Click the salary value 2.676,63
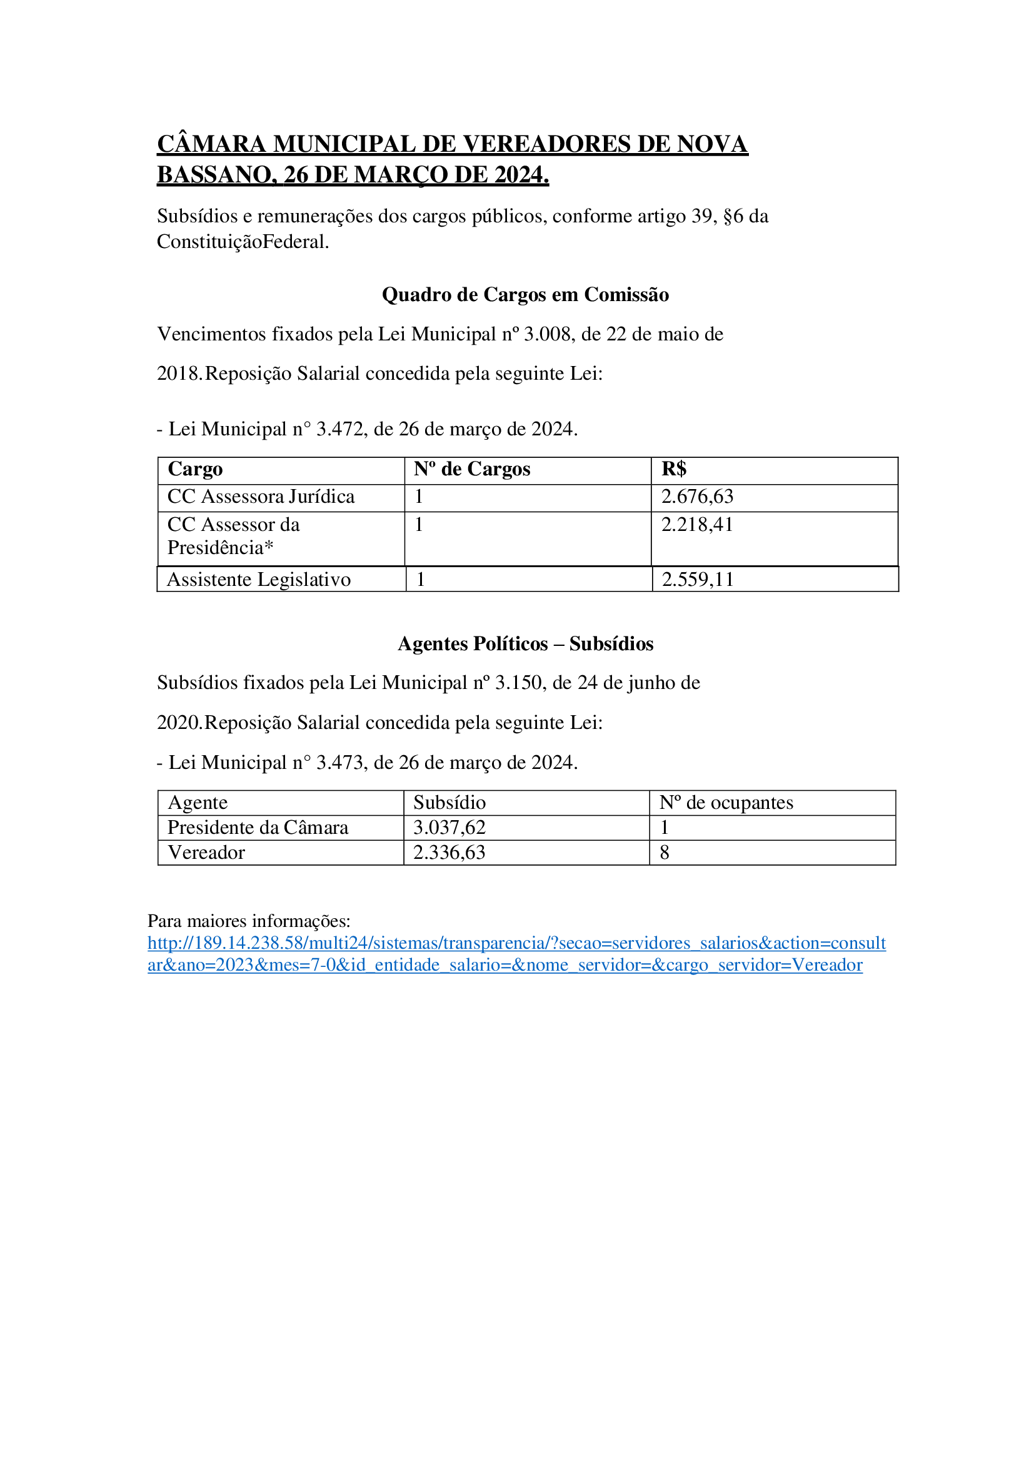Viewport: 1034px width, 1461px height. pyautogui.click(x=697, y=497)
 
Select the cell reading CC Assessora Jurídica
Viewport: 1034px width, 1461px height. pyautogui.click(x=261, y=497)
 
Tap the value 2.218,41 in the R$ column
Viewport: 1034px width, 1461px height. pyautogui.click(x=697, y=524)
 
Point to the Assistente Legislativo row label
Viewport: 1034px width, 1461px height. pyautogui.click(x=259, y=580)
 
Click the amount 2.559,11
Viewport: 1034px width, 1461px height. pyautogui.click(x=698, y=580)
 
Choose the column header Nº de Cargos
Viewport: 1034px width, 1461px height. pyautogui.click(x=472, y=469)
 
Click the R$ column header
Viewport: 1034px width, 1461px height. pyautogui.click(x=674, y=469)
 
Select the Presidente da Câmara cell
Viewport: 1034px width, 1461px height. pyautogui.click(x=258, y=827)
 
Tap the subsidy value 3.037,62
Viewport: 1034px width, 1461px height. pyautogui.click(x=449, y=827)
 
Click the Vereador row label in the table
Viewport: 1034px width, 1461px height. pyautogui.click(x=206, y=853)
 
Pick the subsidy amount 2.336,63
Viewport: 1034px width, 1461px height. pyautogui.click(x=449, y=853)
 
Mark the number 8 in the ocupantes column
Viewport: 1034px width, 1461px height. pyautogui.click(x=665, y=853)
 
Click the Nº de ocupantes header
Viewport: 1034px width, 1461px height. pyautogui.click(x=726, y=803)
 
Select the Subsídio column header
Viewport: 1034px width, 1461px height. pyautogui.click(x=449, y=803)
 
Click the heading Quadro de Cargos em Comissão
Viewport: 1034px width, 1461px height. pyautogui.click(x=525, y=295)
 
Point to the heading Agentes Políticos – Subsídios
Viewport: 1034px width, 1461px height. pyautogui.click(x=525, y=644)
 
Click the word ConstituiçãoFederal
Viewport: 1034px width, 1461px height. pyautogui.click(x=243, y=242)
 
